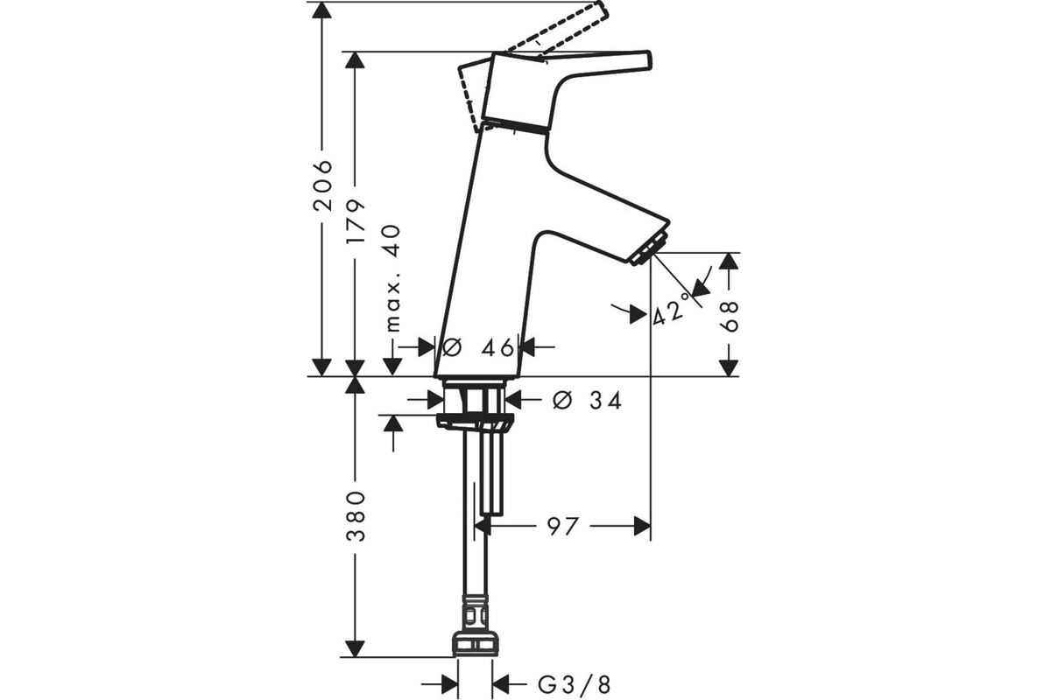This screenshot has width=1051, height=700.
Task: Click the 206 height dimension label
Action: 322,185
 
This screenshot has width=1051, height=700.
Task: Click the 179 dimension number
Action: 356,220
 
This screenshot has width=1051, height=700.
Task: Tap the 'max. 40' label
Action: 392,279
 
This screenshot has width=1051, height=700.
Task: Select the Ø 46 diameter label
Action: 477,347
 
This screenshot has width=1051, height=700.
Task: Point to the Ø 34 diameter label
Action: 587,401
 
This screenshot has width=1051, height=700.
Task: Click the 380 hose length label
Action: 356,516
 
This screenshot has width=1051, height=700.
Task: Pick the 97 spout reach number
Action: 563,527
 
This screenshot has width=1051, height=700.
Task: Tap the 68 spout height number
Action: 729,317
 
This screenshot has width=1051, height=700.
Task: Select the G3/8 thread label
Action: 575,685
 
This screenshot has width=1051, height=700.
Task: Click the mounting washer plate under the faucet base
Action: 476,420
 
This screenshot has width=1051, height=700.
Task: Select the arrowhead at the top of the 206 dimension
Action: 322,10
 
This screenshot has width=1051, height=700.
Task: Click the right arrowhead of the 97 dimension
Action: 642,526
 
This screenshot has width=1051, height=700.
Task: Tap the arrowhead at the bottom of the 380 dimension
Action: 355,648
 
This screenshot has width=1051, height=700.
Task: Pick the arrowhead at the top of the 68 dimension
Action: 729,261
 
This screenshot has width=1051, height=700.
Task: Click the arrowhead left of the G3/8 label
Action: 450,685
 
